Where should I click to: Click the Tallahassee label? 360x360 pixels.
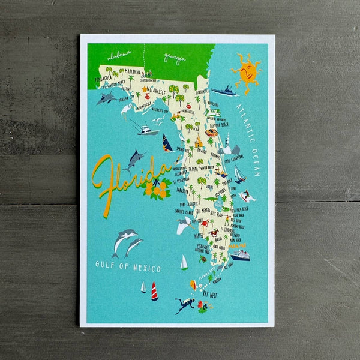click(155, 90)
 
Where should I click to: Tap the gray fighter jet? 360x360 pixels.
click(106, 97)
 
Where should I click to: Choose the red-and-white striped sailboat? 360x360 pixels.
click(154, 291)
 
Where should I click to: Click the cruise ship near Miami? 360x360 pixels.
click(240, 256)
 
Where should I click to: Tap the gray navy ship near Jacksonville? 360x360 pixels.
click(224, 91)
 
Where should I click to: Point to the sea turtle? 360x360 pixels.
click(203, 260)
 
